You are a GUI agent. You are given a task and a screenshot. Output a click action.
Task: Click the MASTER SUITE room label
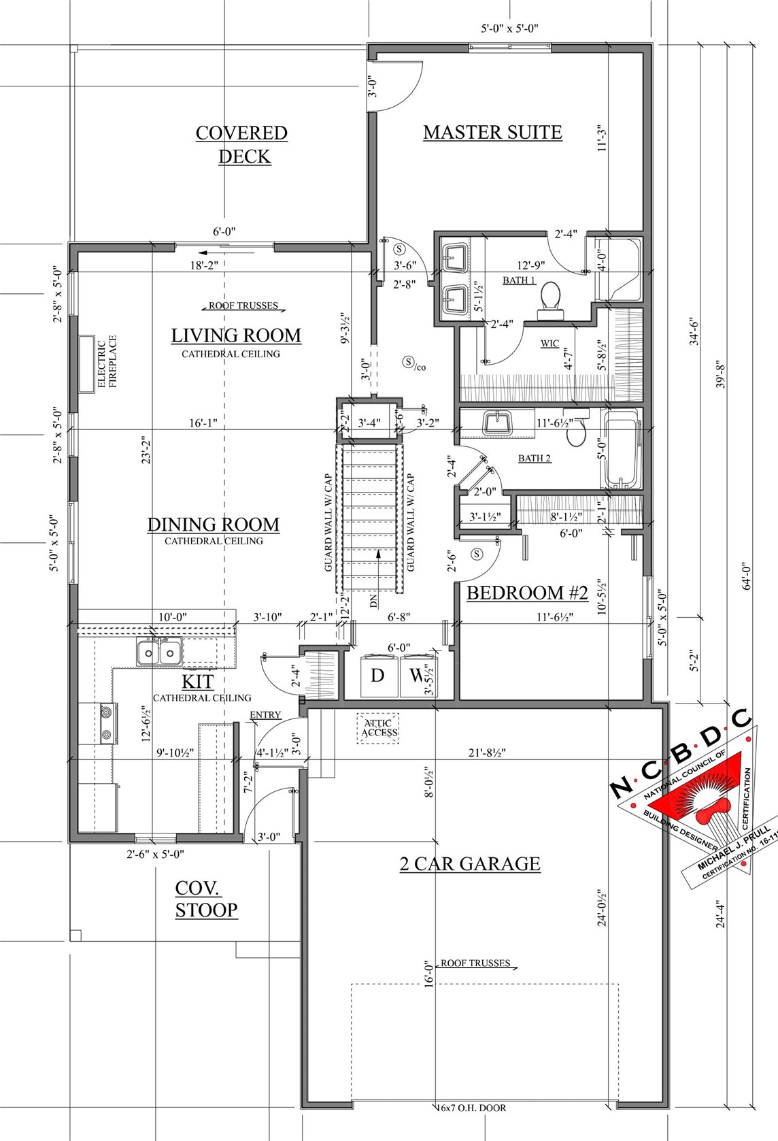pyautogui.click(x=492, y=133)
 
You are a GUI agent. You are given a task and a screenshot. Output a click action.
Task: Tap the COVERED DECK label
pyautogui.click(x=242, y=144)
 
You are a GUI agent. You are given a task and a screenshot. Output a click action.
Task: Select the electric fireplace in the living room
pyautogui.click(x=86, y=363)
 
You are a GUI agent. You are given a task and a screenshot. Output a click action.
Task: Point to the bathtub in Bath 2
pyautogui.click(x=622, y=450)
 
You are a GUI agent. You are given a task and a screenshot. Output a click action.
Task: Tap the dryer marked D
pyautogui.click(x=377, y=676)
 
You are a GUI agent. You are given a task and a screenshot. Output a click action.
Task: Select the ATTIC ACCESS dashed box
pyautogui.click(x=379, y=728)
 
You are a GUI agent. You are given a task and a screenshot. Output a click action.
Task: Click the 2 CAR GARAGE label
pyautogui.click(x=470, y=864)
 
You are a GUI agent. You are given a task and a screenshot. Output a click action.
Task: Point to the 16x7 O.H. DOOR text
pyautogui.click(x=472, y=1108)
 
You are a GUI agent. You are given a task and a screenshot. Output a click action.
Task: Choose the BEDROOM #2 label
pyautogui.click(x=527, y=593)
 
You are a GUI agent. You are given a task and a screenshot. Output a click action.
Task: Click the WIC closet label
pyautogui.click(x=549, y=344)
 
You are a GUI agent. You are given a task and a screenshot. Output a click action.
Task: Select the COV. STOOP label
pyautogui.click(x=206, y=899)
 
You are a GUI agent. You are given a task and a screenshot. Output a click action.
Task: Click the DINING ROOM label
pyautogui.click(x=214, y=525)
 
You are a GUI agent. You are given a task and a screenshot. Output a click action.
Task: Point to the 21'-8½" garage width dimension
pyautogui.click(x=487, y=753)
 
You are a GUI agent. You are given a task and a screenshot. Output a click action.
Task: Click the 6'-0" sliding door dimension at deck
pyautogui.click(x=224, y=232)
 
